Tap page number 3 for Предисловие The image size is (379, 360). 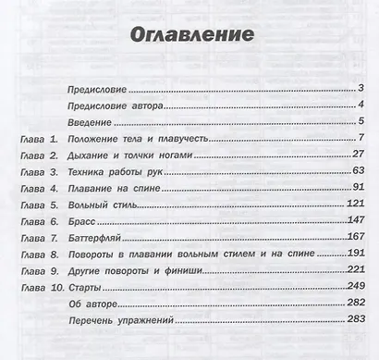[x=363, y=90]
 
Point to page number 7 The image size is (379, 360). [x=364, y=139]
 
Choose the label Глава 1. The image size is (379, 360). [x=38, y=139]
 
